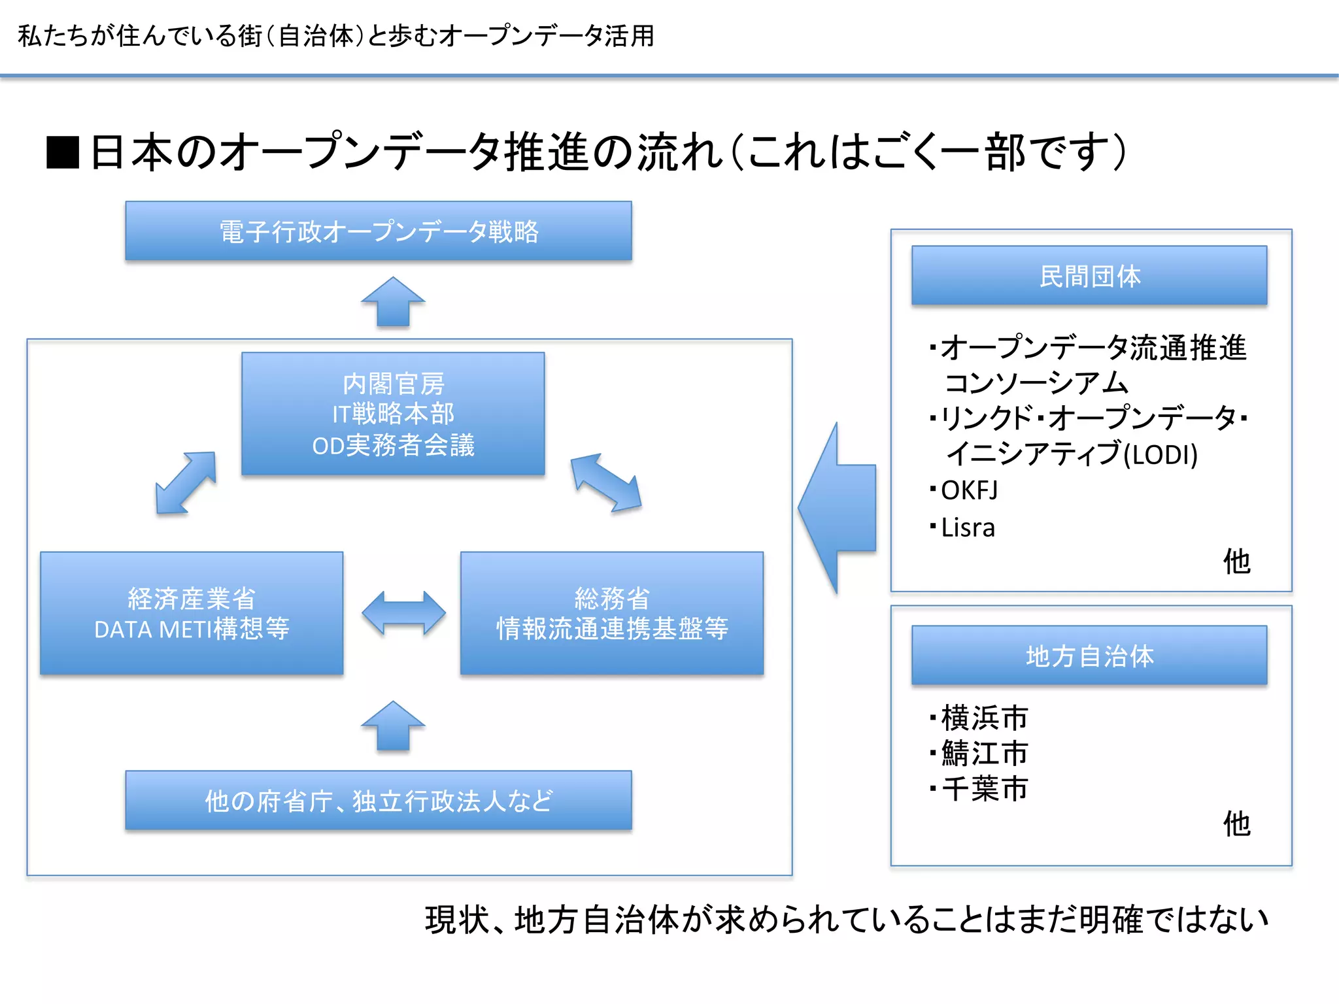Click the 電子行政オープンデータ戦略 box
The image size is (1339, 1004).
[379, 231]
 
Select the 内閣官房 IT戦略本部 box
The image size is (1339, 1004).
[393, 414]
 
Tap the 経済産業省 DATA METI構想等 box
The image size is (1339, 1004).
[192, 613]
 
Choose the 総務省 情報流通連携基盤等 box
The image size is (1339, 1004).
[612, 613]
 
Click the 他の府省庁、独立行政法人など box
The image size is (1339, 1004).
[379, 801]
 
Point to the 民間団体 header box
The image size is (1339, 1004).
[1089, 276]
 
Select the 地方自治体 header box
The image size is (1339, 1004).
[1089, 656]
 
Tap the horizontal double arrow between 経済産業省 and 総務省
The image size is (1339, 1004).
[404, 613]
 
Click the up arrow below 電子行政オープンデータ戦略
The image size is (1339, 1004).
[393, 302]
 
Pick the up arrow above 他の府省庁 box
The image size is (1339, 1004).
[393, 726]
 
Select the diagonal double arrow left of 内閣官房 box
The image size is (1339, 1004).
[186, 482]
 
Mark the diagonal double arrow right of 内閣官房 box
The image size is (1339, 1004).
[605, 482]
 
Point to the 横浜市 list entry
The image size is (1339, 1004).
[984, 718]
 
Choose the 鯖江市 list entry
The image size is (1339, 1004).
[984, 753]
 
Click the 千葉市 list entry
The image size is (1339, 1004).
[984, 788]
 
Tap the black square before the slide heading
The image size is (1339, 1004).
[63, 152]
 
